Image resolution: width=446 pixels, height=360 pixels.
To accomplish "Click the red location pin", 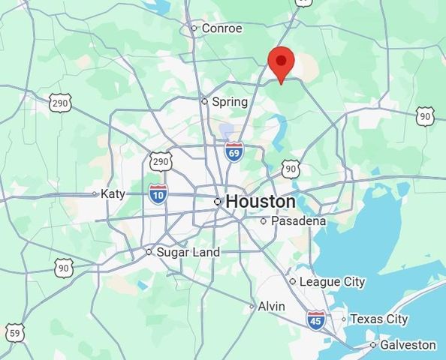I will coord(281,64).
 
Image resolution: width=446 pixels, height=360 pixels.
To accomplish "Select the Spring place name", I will coord(230,101).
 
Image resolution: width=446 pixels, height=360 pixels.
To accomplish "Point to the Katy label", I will coord(113,193).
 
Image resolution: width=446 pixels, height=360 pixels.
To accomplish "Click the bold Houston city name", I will coord(260,202).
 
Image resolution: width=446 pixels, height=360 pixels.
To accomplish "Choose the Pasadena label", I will coord(298,221).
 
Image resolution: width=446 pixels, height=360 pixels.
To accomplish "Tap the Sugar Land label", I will coord(188,252).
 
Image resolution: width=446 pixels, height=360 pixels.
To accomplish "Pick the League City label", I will coord(332,281).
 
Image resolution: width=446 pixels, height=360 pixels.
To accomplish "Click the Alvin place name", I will coord(271,306).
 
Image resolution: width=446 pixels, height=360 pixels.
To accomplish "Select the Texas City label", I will coord(378,319).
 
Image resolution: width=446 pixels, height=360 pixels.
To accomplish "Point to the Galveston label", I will coord(408,345).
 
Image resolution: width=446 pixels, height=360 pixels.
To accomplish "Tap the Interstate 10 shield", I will coord(158,195).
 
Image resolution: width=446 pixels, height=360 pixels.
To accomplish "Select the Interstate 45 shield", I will coord(316,321).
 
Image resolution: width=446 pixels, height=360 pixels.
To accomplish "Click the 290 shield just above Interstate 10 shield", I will coord(160,161).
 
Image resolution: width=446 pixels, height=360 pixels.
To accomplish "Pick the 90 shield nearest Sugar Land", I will coord(64,267).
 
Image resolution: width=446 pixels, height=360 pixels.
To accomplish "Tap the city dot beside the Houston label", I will coord(218,202).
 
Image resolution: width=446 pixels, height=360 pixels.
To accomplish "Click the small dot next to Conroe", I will coord(194,28).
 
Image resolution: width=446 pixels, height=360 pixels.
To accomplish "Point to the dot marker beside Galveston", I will coord(373,345).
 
